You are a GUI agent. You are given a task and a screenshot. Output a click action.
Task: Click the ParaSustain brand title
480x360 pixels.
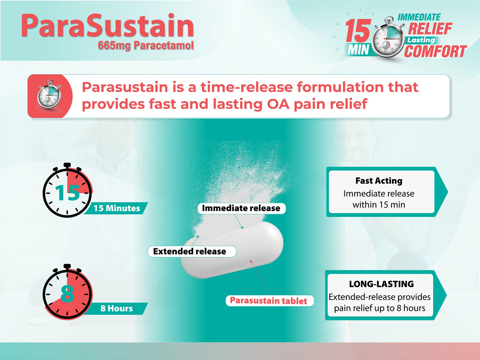coord(107,25)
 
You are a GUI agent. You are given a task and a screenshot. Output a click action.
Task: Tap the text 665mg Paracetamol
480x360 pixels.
coord(147,45)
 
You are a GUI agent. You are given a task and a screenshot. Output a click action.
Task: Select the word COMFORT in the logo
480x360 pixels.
coord(435,52)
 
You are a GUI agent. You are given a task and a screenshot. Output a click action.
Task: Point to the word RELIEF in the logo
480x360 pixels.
coord(430,29)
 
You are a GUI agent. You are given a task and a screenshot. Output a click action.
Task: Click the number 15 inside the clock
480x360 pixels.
coord(67,193)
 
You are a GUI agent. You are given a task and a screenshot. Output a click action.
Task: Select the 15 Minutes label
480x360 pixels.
coord(116,208)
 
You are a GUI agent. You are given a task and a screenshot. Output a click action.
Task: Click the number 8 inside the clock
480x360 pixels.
coord(67,293)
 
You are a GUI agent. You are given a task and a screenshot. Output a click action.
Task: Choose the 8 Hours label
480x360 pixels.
coord(116,308)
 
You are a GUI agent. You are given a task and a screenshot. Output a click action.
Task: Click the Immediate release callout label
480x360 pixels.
coord(241,208)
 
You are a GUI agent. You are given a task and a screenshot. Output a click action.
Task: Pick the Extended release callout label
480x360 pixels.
coord(189,252)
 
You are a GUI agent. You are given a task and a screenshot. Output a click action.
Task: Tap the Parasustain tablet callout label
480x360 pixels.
coord(268,301)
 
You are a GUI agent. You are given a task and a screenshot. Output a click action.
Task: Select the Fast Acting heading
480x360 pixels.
coord(379,181)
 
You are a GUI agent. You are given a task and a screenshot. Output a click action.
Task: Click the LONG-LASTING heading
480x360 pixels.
coord(381,284)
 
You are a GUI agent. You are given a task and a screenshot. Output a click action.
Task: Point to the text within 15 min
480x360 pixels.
coord(379,205)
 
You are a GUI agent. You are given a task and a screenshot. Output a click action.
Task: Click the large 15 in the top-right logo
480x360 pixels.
coord(358,32)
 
